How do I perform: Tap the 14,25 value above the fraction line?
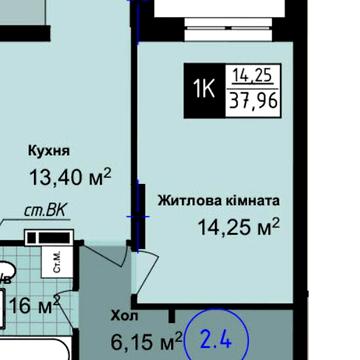(x=255, y=75)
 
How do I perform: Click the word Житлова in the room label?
(x=188, y=200)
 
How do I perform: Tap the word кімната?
(x=250, y=200)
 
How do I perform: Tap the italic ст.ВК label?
(x=43, y=213)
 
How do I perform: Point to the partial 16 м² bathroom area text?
(x=30, y=304)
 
